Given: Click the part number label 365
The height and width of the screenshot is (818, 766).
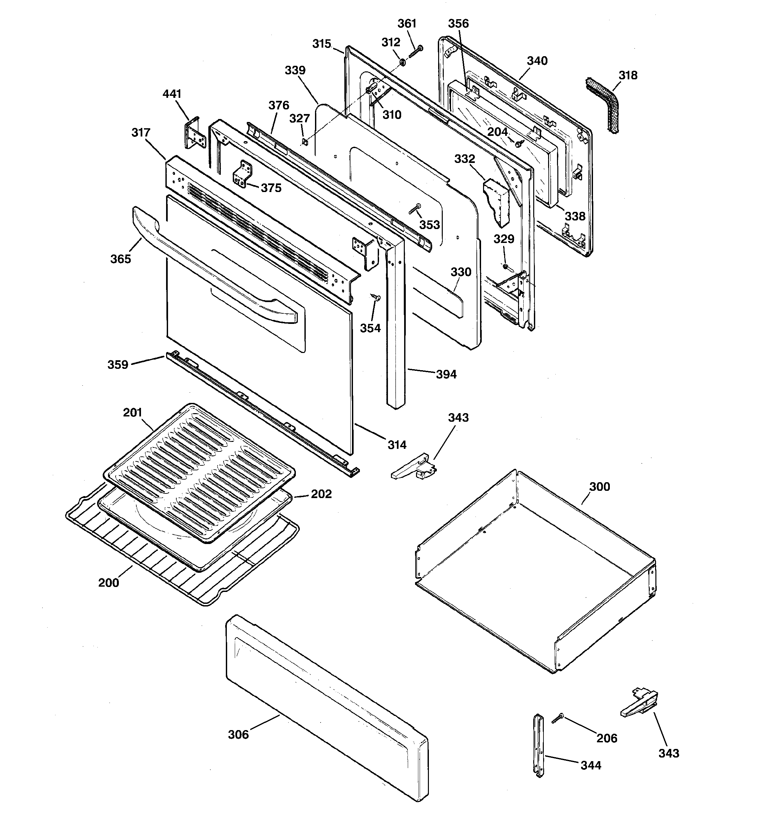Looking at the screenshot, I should pos(121,259).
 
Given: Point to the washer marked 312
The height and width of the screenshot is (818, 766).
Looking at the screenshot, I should pos(402,62).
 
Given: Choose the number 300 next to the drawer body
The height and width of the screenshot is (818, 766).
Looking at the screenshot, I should pos(600,487).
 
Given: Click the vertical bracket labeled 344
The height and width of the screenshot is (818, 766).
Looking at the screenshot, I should pos(539,745).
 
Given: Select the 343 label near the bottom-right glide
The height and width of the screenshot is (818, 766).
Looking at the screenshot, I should pos(669,753).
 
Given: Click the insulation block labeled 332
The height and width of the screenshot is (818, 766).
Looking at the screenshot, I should pos(498,202).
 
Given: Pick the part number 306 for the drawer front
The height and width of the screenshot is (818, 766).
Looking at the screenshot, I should pos(238,734).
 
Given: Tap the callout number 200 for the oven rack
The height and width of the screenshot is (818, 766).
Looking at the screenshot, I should pos(109,583).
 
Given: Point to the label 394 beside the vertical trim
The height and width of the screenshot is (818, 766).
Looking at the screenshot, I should pos(446,374).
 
